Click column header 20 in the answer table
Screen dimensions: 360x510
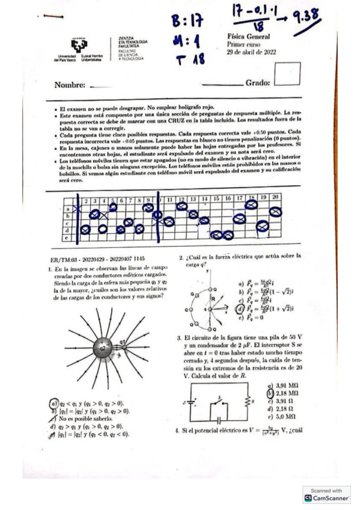[276, 197]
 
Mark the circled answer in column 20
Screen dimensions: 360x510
[276, 211]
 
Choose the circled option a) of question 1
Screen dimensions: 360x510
[53, 404]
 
